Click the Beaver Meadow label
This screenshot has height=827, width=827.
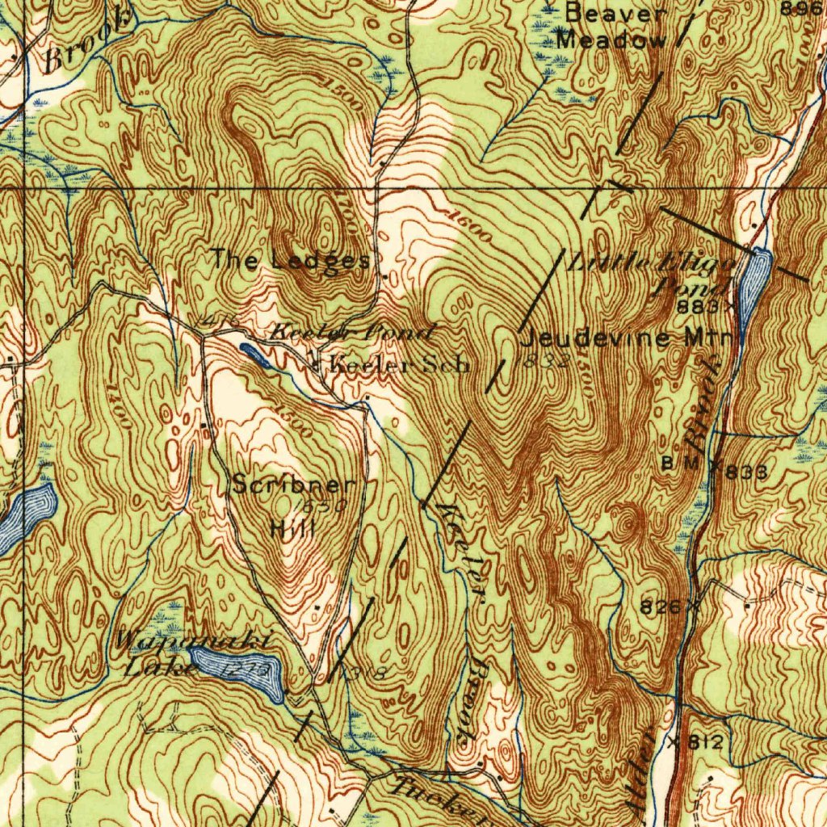pos(616,27)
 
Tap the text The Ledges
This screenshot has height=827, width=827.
pos(290,260)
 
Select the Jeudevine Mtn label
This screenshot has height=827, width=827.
pos(628,338)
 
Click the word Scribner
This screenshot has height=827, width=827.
pos(293,485)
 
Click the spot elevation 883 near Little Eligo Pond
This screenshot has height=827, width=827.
pos(697,307)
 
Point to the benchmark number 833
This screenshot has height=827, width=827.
pos(745,472)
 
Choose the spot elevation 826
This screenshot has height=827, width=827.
pos(661,605)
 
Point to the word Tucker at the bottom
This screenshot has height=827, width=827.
pos(428,795)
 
